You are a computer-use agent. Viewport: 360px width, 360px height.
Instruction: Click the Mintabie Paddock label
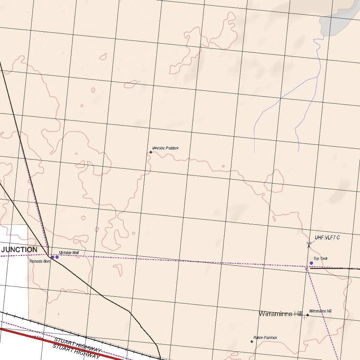point(166,148)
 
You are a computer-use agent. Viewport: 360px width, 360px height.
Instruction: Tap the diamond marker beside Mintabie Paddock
point(151,152)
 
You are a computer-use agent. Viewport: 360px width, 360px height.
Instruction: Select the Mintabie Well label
point(69,253)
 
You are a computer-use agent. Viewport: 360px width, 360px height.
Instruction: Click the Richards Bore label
point(40,262)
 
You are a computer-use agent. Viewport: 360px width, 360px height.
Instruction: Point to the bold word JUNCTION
point(19,250)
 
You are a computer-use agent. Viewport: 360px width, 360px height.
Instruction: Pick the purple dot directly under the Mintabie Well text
point(57,257)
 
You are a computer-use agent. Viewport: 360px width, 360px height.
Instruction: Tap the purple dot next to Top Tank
point(311,263)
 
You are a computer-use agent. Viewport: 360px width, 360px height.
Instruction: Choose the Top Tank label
point(321,259)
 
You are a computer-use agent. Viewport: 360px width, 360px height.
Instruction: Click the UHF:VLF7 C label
point(327,238)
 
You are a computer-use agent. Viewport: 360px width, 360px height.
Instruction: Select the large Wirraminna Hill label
point(281,314)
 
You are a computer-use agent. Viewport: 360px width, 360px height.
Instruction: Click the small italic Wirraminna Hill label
point(320,311)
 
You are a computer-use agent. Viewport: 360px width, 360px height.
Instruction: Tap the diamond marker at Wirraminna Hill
point(308,315)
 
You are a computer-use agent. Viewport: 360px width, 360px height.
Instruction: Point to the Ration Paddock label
point(265,337)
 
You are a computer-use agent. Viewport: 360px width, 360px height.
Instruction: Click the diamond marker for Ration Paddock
point(252,341)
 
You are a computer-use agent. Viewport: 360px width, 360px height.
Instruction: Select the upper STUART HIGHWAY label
point(78,345)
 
